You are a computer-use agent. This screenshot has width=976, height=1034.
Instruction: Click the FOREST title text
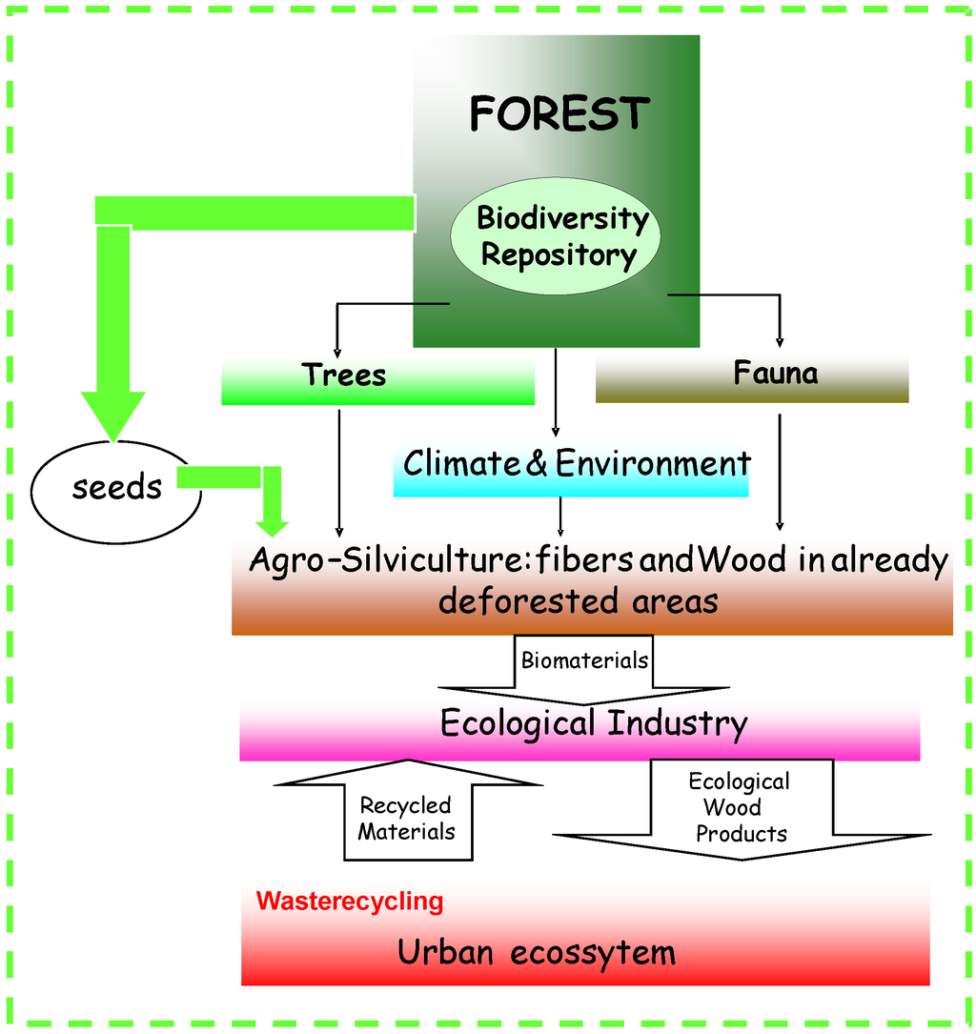(559, 114)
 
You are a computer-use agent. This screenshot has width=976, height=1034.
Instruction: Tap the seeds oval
(116, 488)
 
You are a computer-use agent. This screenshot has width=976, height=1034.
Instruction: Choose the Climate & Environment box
(572, 467)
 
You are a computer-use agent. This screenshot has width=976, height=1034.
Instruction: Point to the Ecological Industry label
(593, 723)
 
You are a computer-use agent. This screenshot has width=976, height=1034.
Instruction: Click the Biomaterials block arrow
(584, 667)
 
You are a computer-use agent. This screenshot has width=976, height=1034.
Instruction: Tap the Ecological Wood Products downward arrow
(741, 810)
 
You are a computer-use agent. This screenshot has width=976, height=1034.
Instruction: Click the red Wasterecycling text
(350, 901)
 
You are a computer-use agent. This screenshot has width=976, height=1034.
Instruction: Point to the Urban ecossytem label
(536, 952)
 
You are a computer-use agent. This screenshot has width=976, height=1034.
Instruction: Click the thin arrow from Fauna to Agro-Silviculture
(780, 472)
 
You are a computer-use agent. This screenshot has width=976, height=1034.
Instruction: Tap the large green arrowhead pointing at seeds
(112, 415)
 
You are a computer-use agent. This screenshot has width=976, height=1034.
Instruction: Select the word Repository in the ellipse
(559, 254)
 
